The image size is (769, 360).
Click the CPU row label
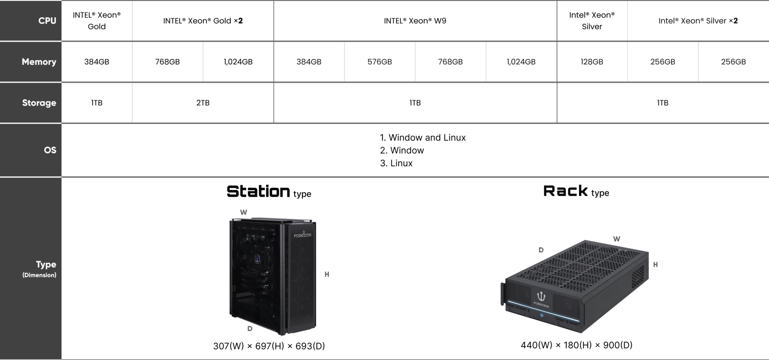click(x=47, y=21)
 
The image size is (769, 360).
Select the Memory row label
click(x=39, y=62)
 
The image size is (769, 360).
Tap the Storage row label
click(x=39, y=103)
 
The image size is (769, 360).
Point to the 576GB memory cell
click(x=380, y=62)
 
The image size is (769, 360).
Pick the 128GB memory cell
click(x=592, y=62)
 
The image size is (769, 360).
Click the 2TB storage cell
click(x=203, y=103)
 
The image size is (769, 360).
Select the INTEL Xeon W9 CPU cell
click(x=415, y=21)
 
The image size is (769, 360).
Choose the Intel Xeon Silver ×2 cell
click(x=698, y=21)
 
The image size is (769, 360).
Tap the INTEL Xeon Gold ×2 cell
click(x=203, y=21)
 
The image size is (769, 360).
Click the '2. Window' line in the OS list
click(x=402, y=150)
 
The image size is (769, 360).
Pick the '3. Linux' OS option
click(x=396, y=163)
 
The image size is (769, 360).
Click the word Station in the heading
click(x=258, y=191)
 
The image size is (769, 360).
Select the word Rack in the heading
click(x=566, y=191)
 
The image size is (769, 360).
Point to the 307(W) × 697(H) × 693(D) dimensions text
click(x=269, y=346)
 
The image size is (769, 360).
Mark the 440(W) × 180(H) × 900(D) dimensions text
click(x=577, y=345)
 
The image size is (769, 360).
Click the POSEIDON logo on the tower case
click(x=302, y=234)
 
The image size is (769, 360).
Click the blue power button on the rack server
click(x=542, y=315)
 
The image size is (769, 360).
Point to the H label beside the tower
click(x=327, y=274)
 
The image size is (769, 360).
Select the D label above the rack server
click(x=541, y=250)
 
